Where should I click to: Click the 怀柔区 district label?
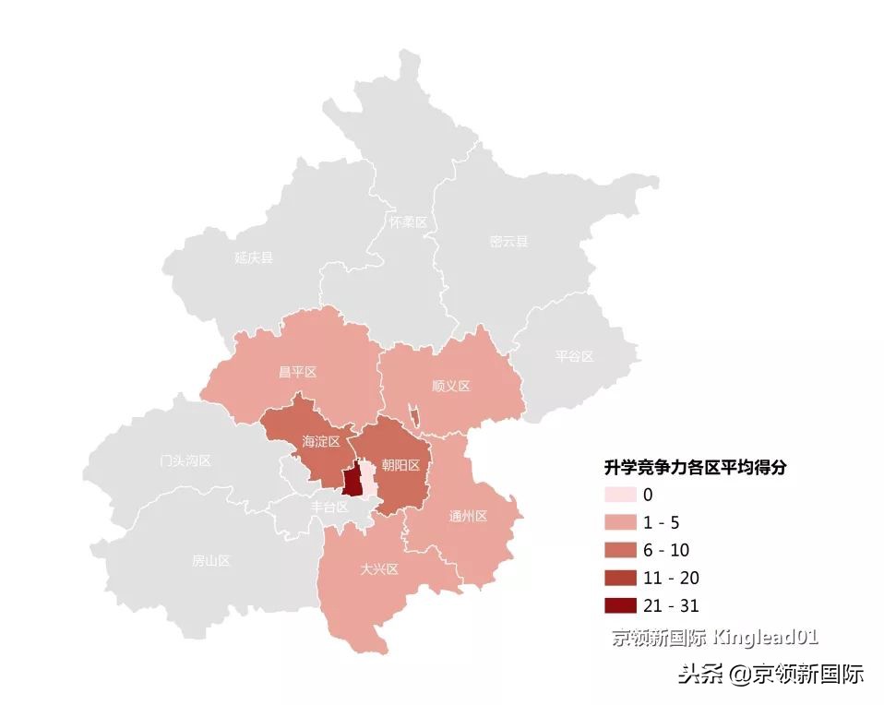407,222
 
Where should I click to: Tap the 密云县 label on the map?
509,242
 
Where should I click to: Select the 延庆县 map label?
254,257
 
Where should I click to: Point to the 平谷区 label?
575,356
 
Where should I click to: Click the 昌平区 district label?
297,372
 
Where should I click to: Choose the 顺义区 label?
451,386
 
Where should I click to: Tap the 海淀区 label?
321,442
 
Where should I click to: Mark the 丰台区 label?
329,507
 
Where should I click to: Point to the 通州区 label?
468,516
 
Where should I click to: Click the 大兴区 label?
379,569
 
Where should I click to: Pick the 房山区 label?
210,560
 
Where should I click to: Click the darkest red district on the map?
351,481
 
